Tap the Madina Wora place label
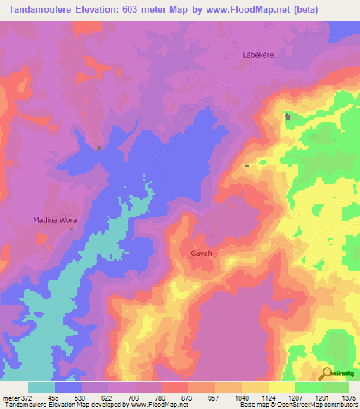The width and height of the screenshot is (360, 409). point(55,220)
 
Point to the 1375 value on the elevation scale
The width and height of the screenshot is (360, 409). point(348,397)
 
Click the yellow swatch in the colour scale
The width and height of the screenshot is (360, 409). point(281,387)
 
